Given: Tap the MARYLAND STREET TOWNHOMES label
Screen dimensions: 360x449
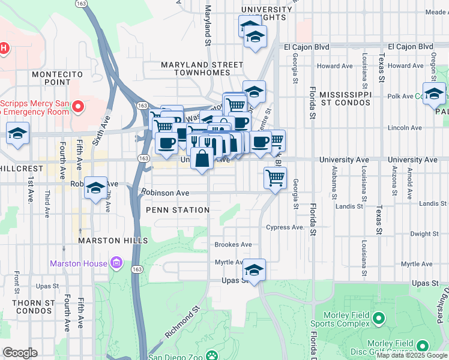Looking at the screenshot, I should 194,68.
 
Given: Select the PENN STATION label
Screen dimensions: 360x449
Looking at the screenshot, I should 178,210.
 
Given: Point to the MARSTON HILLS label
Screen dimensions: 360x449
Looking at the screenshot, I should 113,241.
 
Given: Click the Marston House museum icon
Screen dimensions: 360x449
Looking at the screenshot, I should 116,263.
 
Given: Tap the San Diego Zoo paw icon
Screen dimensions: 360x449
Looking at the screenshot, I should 212,355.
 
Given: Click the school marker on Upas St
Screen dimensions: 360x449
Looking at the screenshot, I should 255,269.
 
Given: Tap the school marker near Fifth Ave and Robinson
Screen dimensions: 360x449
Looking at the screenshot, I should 95,188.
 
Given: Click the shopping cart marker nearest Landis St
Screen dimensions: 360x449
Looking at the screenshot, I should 275,178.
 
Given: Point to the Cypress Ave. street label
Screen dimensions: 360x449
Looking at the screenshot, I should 286,227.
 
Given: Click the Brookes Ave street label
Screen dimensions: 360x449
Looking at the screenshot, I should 234,245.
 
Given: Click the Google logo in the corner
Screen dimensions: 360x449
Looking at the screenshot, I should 20,353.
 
